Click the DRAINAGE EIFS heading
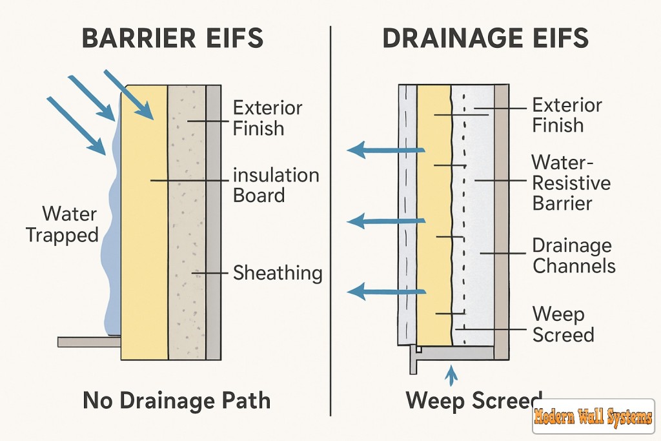click(485, 38)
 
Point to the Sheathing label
click(278, 273)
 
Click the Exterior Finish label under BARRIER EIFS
click(267, 118)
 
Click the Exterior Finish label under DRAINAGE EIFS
click(567, 115)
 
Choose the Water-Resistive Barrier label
click(571, 183)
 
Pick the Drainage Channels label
click(573, 255)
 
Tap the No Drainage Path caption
click(176, 401)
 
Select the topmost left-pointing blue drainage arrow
click(385, 150)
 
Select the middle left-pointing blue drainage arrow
click(385, 221)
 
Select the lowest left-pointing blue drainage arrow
click(385, 292)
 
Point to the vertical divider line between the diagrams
click(330, 220)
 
